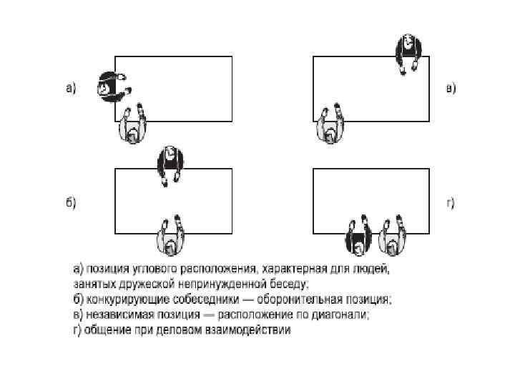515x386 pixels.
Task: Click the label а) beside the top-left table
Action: [x=71, y=89]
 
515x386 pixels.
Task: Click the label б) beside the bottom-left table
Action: [x=71, y=203]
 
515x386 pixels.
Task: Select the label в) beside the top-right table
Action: [x=451, y=89]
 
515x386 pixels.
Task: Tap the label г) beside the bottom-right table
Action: [x=451, y=203]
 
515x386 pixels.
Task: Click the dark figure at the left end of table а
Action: [x=110, y=87]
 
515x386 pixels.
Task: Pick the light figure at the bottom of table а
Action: [x=134, y=124]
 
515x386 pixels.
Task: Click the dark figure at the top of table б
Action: [x=171, y=163]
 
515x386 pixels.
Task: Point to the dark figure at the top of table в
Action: [x=408, y=51]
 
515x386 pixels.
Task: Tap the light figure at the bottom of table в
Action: [x=330, y=124]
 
